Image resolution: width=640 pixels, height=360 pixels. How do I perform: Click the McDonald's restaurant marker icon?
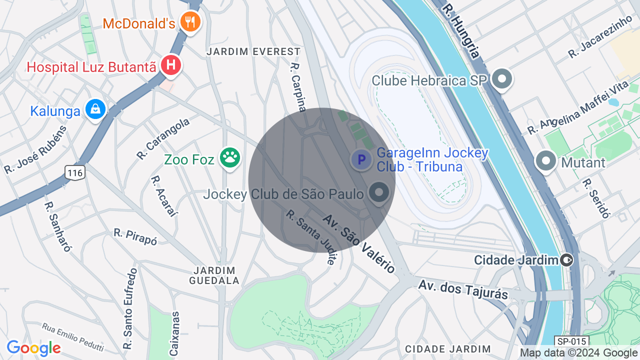(x=190, y=22)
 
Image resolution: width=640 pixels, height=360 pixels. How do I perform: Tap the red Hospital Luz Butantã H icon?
(x=171, y=65)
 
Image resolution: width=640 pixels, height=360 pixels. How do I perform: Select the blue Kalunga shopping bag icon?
(x=95, y=109)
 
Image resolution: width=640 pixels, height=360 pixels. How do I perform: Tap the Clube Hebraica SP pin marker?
(x=502, y=79)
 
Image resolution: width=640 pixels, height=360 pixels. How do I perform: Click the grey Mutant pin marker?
(x=546, y=161)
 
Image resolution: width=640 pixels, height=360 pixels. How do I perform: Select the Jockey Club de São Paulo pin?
(x=379, y=192)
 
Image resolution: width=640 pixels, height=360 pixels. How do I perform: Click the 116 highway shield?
(x=74, y=173)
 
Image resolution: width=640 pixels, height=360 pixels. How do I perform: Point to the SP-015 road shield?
(x=571, y=341)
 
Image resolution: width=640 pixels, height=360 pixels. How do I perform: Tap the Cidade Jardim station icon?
(x=566, y=260)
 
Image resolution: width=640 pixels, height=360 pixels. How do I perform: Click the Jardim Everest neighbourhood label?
(x=254, y=51)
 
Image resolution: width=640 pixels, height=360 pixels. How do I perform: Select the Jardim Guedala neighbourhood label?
(x=214, y=275)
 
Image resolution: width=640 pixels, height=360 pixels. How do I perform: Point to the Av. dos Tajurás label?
(x=463, y=289)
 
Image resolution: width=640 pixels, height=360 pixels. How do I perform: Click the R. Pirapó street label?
(x=135, y=236)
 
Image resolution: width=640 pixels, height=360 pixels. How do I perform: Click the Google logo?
(x=33, y=348)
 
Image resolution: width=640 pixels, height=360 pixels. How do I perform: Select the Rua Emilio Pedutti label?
(x=73, y=336)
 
